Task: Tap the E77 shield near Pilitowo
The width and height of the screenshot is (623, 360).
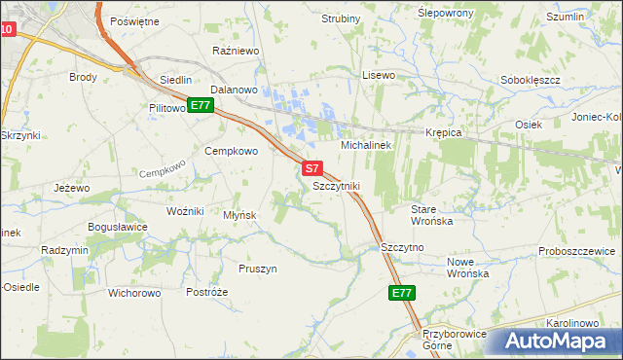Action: (201, 105)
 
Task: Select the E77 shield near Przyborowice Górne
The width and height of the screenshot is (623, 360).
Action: (402, 293)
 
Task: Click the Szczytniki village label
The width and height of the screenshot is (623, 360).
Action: (337, 185)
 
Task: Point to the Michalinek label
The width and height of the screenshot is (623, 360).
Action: (365, 145)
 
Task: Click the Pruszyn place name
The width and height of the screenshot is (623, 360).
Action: (258, 268)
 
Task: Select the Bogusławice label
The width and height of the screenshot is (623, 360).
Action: (118, 227)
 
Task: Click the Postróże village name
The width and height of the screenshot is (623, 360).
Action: (206, 292)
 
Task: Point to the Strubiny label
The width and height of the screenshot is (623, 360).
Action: (340, 18)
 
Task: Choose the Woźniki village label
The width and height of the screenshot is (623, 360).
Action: (185, 211)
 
